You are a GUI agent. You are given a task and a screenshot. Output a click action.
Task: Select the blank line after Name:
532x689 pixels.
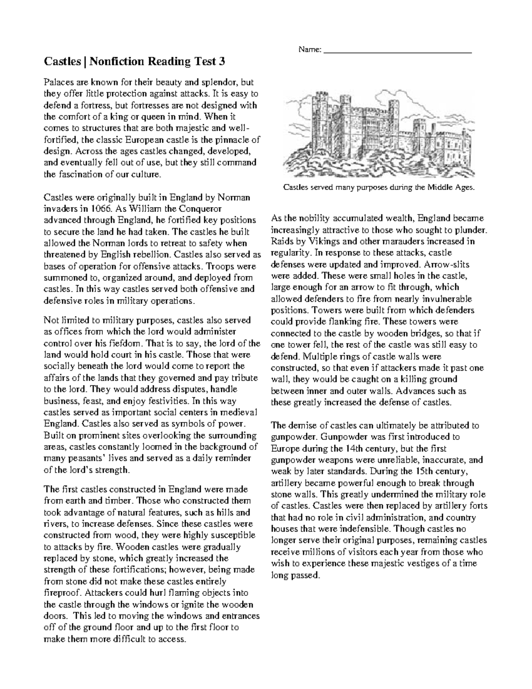(x=398, y=51)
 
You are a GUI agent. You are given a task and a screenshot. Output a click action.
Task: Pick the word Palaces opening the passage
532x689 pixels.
(x=59, y=83)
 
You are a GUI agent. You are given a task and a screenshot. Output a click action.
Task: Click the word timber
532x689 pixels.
(x=120, y=501)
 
